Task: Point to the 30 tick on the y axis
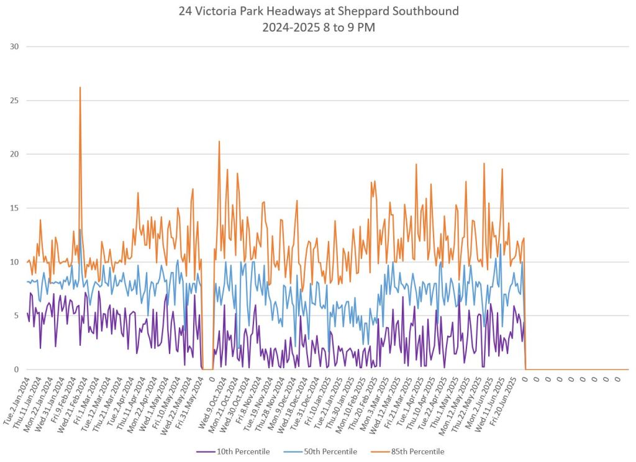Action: pos(14,47)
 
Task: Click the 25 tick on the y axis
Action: pos(14,101)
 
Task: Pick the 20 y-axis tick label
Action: pos(14,154)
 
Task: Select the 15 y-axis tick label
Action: pos(14,208)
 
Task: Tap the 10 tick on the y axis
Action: pos(14,262)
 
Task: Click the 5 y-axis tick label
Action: pos(17,315)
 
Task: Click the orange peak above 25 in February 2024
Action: pos(80,88)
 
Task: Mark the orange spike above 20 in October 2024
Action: pos(219,142)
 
